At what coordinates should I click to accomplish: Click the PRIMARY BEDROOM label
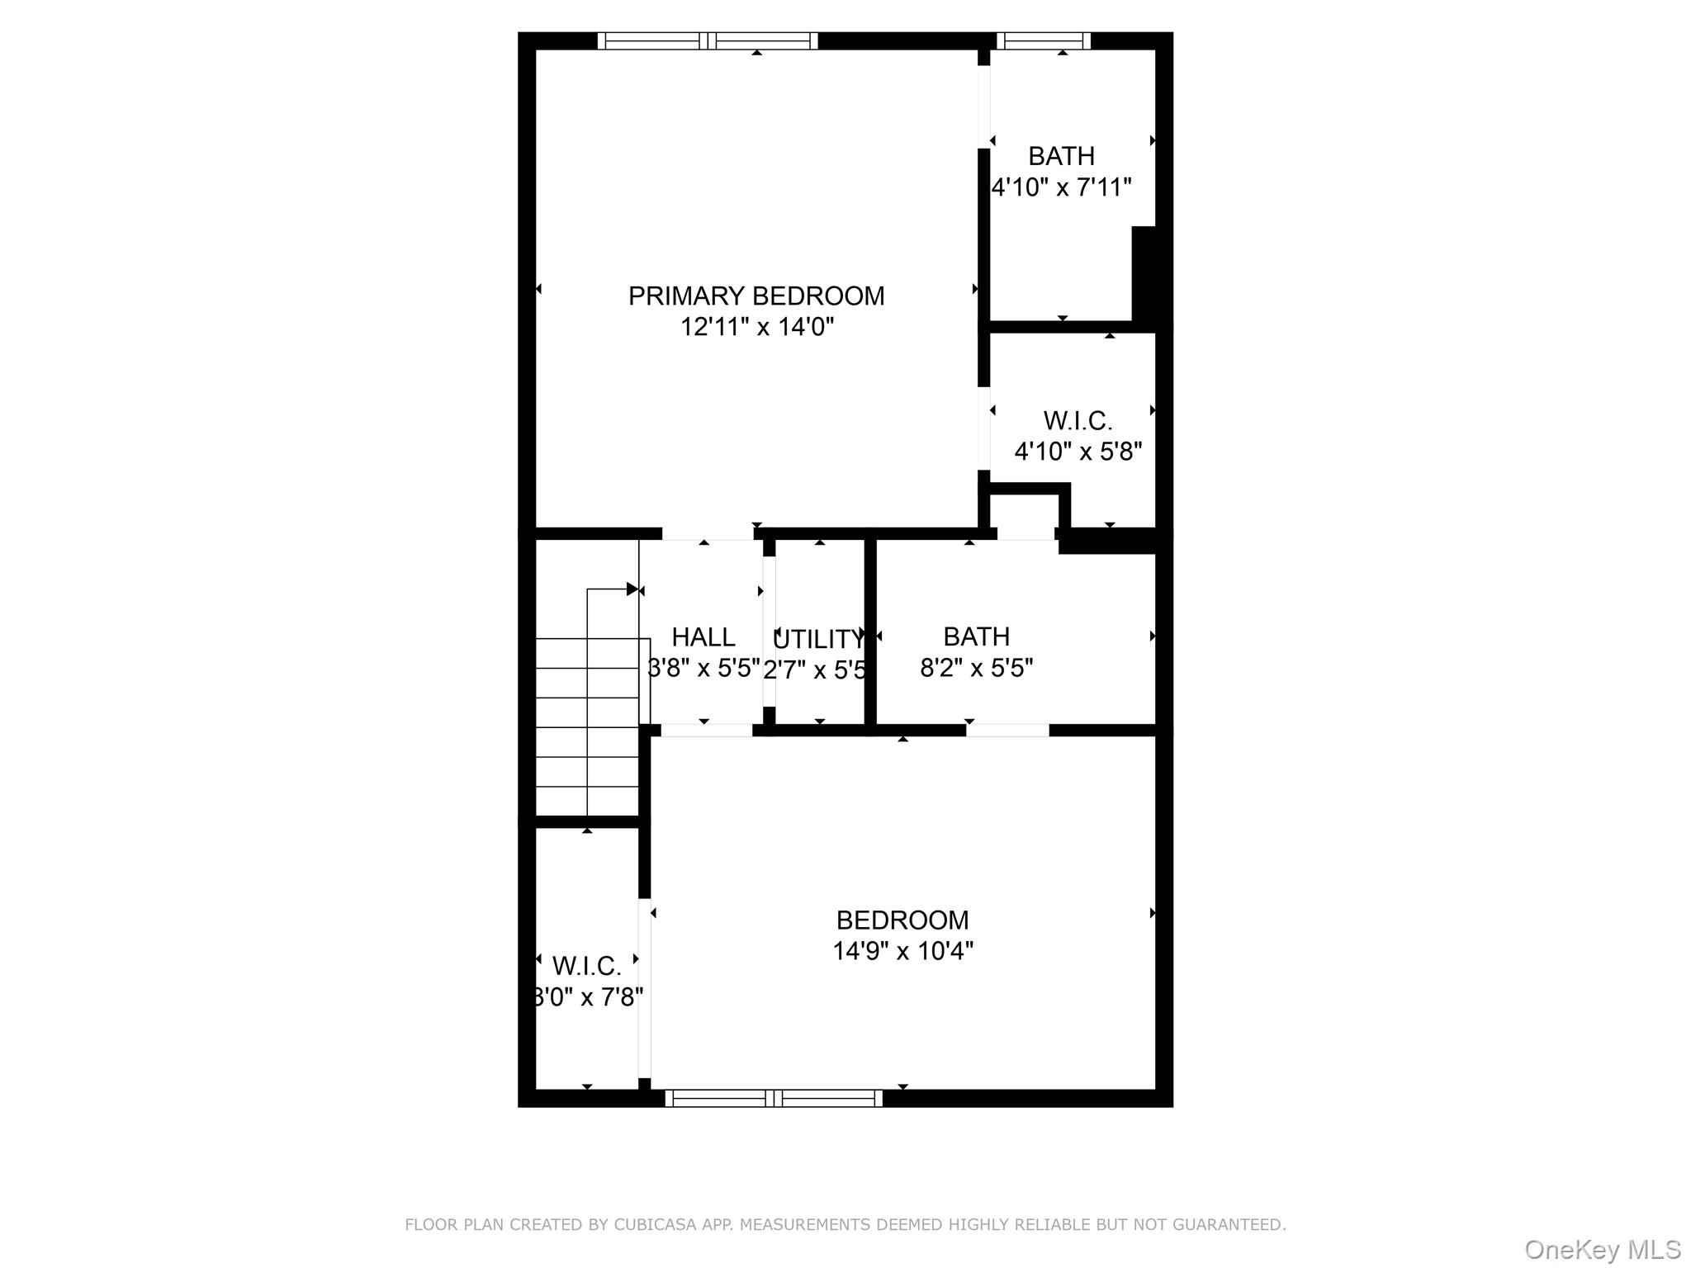(756, 296)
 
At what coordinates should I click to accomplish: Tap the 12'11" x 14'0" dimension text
(756, 327)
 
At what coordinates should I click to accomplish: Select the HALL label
(703, 637)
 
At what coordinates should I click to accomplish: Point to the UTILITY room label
(817, 639)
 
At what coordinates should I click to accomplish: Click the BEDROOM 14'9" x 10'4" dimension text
(902, 951)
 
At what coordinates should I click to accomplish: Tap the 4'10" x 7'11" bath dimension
(1061, 187)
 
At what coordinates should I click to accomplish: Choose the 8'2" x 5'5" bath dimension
(976, 667)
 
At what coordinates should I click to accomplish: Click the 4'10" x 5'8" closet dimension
(1078, 452)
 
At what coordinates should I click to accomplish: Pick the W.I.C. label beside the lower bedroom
(586, 965)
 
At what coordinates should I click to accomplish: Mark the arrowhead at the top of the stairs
(632, 589)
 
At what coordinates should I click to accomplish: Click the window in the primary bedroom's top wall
(708, 40)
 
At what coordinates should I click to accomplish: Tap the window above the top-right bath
(1044, 40)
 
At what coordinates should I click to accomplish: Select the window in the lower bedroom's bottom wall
(774, 1098)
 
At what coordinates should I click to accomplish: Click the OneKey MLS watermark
(1603, 1249)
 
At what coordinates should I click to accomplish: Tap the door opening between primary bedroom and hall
(708, 533)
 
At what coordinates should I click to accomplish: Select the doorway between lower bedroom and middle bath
(1007, 730)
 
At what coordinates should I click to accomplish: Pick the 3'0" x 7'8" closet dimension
(588, 997)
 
